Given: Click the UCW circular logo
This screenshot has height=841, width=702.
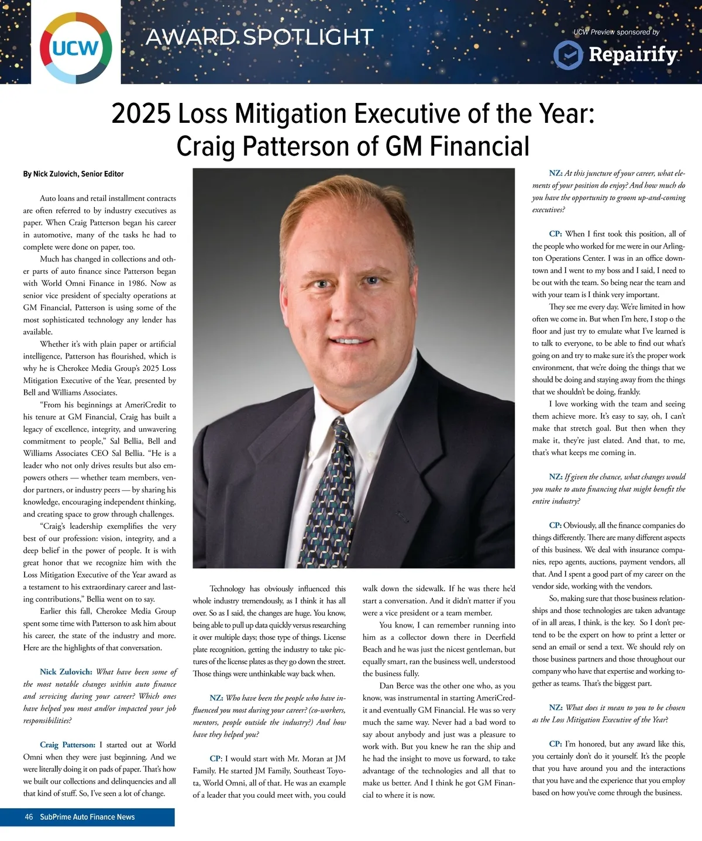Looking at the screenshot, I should click(76, 47).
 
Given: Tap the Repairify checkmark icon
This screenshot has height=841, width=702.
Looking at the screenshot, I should click(567, 54).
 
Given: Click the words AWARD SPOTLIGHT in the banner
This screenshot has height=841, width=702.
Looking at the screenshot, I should click(259, 37).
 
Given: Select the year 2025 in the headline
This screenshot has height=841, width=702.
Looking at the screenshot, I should click(141, 113).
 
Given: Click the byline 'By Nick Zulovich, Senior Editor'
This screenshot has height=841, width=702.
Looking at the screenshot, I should click(73, 174).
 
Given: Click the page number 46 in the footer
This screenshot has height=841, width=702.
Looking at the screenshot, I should click(29, 817).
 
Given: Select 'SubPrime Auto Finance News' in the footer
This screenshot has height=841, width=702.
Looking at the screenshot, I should click(87, 817).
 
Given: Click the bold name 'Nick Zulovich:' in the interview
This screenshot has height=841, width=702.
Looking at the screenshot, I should click(66, 672).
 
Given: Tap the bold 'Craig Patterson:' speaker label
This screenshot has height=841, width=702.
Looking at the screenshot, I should click(67, 745).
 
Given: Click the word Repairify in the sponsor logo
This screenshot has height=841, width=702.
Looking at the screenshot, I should click(632, 54).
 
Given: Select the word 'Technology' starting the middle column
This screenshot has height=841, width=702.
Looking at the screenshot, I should click(227, 588).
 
